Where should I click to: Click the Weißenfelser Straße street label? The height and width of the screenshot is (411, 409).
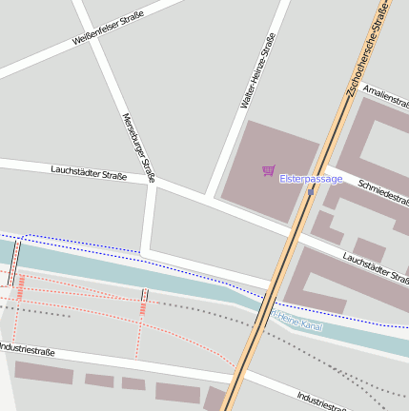click(107, 29)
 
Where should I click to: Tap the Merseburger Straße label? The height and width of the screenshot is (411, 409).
click(138, 147)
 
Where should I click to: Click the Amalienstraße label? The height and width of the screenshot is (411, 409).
click(386, 96)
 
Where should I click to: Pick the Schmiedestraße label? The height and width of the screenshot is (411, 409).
click(381, 191)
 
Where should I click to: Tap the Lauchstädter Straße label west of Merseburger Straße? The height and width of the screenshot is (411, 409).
click(89, 172)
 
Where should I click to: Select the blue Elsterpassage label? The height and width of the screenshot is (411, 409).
click(310, 179)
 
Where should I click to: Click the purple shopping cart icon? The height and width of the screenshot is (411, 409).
click(268, 171)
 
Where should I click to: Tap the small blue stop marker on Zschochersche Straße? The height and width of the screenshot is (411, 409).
click(311, 192)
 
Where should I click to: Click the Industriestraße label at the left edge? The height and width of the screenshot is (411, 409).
click(27, 351)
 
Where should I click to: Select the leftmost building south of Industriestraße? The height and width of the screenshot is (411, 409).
click(43, 374)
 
